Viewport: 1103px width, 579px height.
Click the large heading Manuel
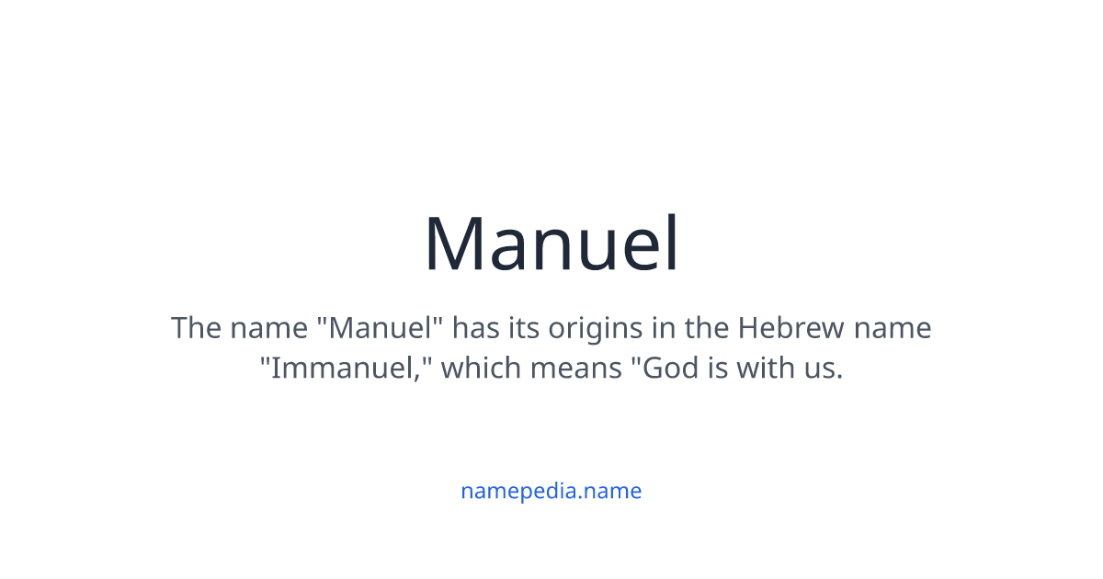(x=551, y=244)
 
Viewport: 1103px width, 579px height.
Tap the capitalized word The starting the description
(x=195, y=328)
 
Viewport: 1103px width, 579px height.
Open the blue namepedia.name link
(x=551, y=491)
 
